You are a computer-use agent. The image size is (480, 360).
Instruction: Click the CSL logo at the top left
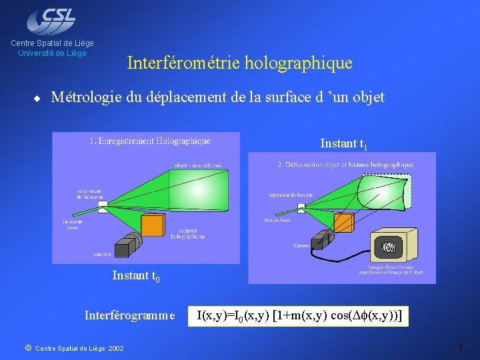[51, 20]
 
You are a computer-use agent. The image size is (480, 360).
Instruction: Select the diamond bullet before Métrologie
[38, 98]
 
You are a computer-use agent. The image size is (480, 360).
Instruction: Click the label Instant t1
[344, 144]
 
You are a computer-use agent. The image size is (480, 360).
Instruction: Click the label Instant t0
[136, 275]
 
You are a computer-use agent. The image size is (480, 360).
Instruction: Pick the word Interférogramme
[130, 315]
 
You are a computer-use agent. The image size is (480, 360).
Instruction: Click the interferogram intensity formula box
[298, 315]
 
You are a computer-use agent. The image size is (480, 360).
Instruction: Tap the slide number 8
[461, 347]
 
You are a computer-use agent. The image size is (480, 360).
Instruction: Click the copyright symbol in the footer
[27, 347]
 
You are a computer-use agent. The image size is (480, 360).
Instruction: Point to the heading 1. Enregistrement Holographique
[149, 141]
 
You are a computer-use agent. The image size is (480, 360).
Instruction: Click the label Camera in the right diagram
[301, 245]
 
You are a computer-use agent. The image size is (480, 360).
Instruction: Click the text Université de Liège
[52, 53]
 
